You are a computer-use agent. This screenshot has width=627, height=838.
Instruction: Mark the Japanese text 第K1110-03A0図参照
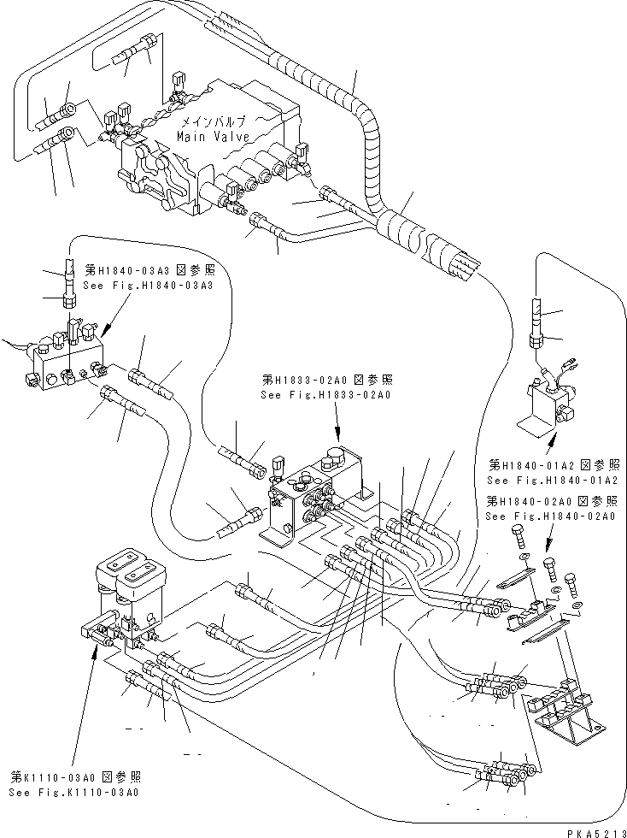(75, 777)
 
